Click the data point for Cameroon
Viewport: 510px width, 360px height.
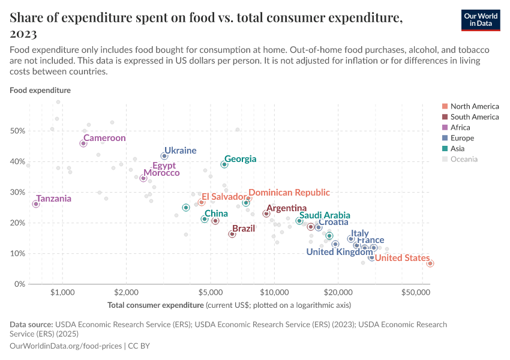[x=83, y=143]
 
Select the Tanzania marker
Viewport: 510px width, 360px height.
[x=36, y=204]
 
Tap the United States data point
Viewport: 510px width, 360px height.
[x=430, y=263]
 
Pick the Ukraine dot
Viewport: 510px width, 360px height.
[x=164, y=156]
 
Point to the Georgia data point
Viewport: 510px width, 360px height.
[x=224, y=164]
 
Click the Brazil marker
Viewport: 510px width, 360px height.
[x=232, y=234]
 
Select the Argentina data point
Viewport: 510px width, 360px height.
[x=266, y=214]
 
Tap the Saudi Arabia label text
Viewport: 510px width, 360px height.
[x=325, y=215]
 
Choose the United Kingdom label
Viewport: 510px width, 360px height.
[x=339, y=252]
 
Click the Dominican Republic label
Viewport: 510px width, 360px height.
[x=289, y=193]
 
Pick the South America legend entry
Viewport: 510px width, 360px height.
[x=474, y=117]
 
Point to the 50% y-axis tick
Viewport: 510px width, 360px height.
[x=19, y=131]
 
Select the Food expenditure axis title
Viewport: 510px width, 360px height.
[x=40, y=91]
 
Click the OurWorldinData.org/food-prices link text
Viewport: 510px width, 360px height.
[x=65, y=346]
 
